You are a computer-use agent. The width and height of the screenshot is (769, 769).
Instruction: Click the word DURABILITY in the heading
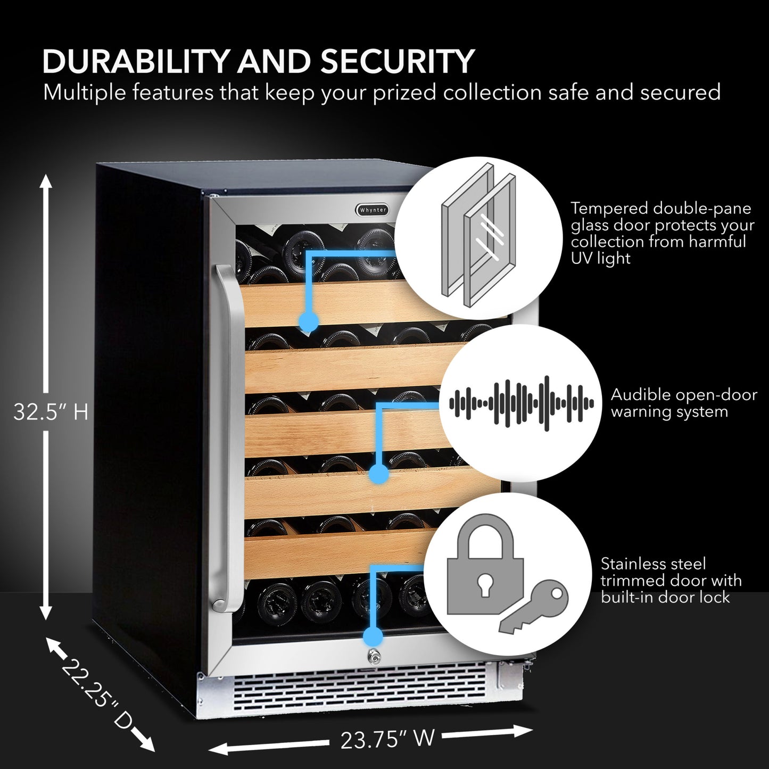click(136, 62)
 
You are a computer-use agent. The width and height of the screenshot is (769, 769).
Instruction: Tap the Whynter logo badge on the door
click(373, 210)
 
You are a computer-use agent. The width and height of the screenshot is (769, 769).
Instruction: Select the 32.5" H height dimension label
click(51, 412)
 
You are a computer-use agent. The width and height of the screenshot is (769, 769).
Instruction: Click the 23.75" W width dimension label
click(387, 739)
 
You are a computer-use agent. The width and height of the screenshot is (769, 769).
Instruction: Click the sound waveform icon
click(521, 403)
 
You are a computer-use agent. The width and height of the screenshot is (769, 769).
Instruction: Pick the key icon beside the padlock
click(535, 607)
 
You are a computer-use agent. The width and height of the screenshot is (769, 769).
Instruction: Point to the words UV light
click(600, 259)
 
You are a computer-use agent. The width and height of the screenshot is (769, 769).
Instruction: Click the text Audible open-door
click(683, 395)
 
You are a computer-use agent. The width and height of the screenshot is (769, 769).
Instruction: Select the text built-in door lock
click(665, 598)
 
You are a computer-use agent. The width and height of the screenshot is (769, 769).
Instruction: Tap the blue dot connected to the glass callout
click(309, 321)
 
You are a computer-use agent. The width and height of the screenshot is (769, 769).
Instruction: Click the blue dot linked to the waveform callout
click(378, 473)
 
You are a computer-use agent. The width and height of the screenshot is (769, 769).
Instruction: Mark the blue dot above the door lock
click(373, 636)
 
